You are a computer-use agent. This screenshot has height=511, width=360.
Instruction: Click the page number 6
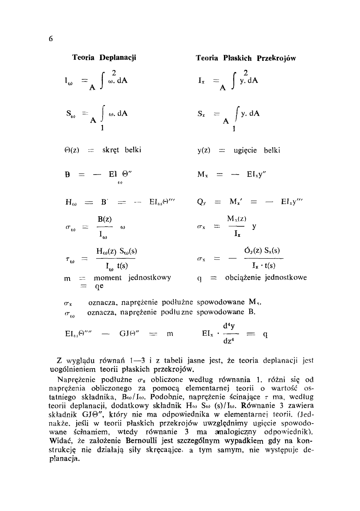pos(51,39)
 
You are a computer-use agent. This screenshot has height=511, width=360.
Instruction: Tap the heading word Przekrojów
pos(276,58)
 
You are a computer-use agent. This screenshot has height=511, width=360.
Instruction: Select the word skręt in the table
pos(111,150)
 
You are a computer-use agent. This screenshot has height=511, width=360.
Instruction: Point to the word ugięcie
pos(245,150)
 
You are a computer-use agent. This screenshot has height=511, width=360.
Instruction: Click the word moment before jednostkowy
pos(108,277)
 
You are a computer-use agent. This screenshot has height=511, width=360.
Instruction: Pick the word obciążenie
pos(244,278)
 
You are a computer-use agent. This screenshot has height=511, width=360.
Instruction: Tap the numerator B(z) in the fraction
pos(105,219)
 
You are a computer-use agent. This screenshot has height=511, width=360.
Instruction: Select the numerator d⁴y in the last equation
pos(229,326)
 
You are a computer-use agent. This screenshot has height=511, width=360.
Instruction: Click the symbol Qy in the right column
pos(201,203)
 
